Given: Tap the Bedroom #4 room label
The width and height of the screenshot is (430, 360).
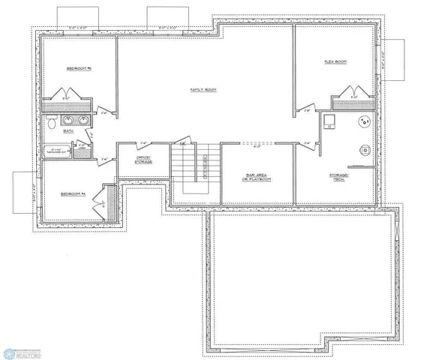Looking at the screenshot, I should click(x=74, y=194).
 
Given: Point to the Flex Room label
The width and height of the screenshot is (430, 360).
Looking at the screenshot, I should click(x=335, y=61).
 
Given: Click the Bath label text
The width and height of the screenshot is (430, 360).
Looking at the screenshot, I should click(x=68, y=130).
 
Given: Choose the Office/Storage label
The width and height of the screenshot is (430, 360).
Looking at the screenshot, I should click(x=144, y=159).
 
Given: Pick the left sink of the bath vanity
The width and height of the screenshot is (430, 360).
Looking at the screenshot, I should click(x=66, y=120).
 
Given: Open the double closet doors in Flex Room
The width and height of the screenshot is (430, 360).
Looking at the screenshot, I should click(x=353, y=94).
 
